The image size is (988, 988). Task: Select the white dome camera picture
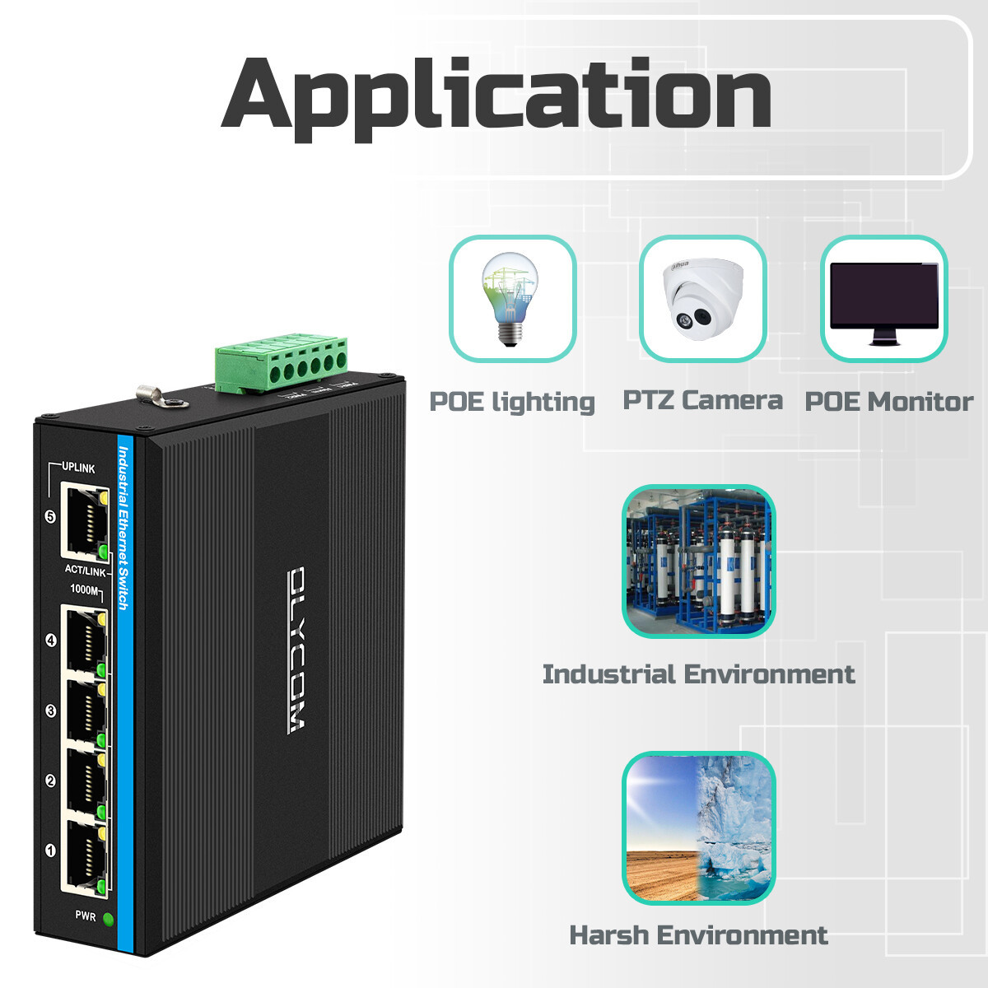coord(702,299)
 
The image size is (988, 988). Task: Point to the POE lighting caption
coord(511,402)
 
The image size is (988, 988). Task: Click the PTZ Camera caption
coord(702,400)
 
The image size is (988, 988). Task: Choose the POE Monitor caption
coord(888,402)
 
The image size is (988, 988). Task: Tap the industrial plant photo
coord(698,562)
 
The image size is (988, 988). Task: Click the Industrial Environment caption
coord(698,673)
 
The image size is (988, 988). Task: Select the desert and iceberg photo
coord(698,828)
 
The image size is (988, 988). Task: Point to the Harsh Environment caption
coord(698,935)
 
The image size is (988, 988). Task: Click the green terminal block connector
coord(281,364)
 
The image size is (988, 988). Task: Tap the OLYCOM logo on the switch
coord(296,650)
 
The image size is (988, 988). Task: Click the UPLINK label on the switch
coord(78,468)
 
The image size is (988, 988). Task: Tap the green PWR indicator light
coord(108,919)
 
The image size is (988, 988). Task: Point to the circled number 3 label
coord(50,711)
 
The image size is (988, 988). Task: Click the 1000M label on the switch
coord(84,590)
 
